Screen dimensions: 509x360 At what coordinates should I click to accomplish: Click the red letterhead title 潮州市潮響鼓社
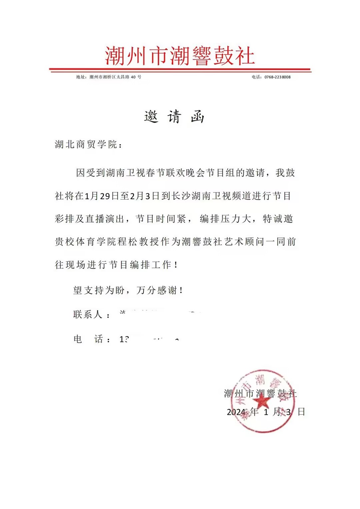[180, 56]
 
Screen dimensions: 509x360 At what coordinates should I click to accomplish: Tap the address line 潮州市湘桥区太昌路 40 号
[115, 77]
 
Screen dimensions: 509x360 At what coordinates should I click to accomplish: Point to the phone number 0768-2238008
[277, 77]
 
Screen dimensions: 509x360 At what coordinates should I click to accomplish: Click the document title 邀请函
[174, 117]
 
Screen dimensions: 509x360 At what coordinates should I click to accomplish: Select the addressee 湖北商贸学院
[86, 144]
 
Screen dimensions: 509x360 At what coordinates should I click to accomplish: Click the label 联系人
[88, 314]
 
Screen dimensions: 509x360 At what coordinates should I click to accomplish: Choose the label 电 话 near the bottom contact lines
[88, 339]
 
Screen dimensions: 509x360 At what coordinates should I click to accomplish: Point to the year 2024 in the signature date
[236, 412]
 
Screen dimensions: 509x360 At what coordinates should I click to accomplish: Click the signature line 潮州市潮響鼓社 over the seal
[260, 394]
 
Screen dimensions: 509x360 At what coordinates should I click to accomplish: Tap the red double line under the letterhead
[180, 70]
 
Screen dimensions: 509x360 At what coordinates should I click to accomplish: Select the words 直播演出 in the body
[105, 219]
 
